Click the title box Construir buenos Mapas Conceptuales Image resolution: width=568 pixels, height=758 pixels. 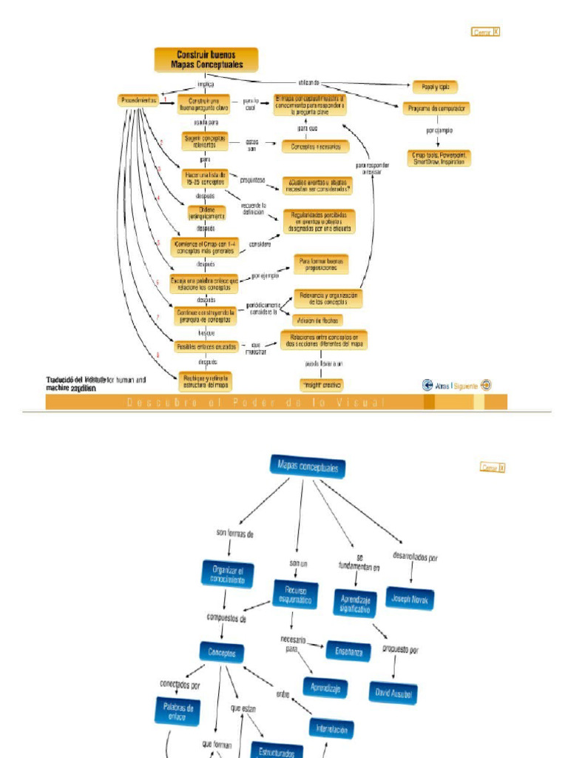(x=206, y=60)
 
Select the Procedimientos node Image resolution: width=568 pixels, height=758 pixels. (x=138, y=101)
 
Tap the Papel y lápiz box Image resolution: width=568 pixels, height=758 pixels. (x=435, y=87)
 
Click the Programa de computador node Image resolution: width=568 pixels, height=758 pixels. (x=436, y=109)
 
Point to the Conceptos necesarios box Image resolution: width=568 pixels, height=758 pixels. (x=315, y=147)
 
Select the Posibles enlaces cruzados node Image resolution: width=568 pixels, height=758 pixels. (x=206, y=346)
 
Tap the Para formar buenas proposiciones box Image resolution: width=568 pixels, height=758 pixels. (x=321, y=264)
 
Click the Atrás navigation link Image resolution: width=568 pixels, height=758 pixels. (x=442, y=385)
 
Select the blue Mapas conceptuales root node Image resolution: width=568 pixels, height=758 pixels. (x=308, y=467)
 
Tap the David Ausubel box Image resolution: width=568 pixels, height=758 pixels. (x=393, y=692)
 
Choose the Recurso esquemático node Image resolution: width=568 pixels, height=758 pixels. (x=296, y=594)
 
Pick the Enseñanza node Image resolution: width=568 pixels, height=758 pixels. (x=348, y=651)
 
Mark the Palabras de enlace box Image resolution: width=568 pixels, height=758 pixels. (x=177, y=711)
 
